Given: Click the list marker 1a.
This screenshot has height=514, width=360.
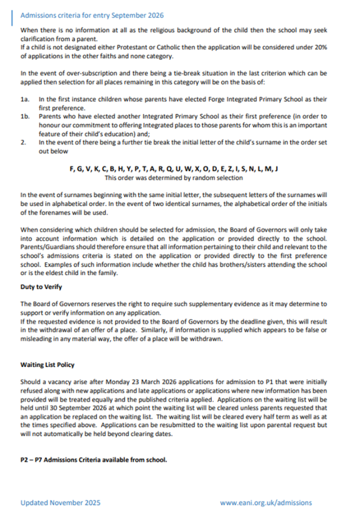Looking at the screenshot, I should (25, 98).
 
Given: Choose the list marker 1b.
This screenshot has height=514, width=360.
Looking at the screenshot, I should (25, 117).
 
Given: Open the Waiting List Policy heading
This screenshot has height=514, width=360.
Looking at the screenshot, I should (47, 365).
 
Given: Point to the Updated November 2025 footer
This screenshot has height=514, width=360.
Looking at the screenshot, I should (61, 502).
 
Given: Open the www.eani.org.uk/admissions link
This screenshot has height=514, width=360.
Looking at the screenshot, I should (266, 502).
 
